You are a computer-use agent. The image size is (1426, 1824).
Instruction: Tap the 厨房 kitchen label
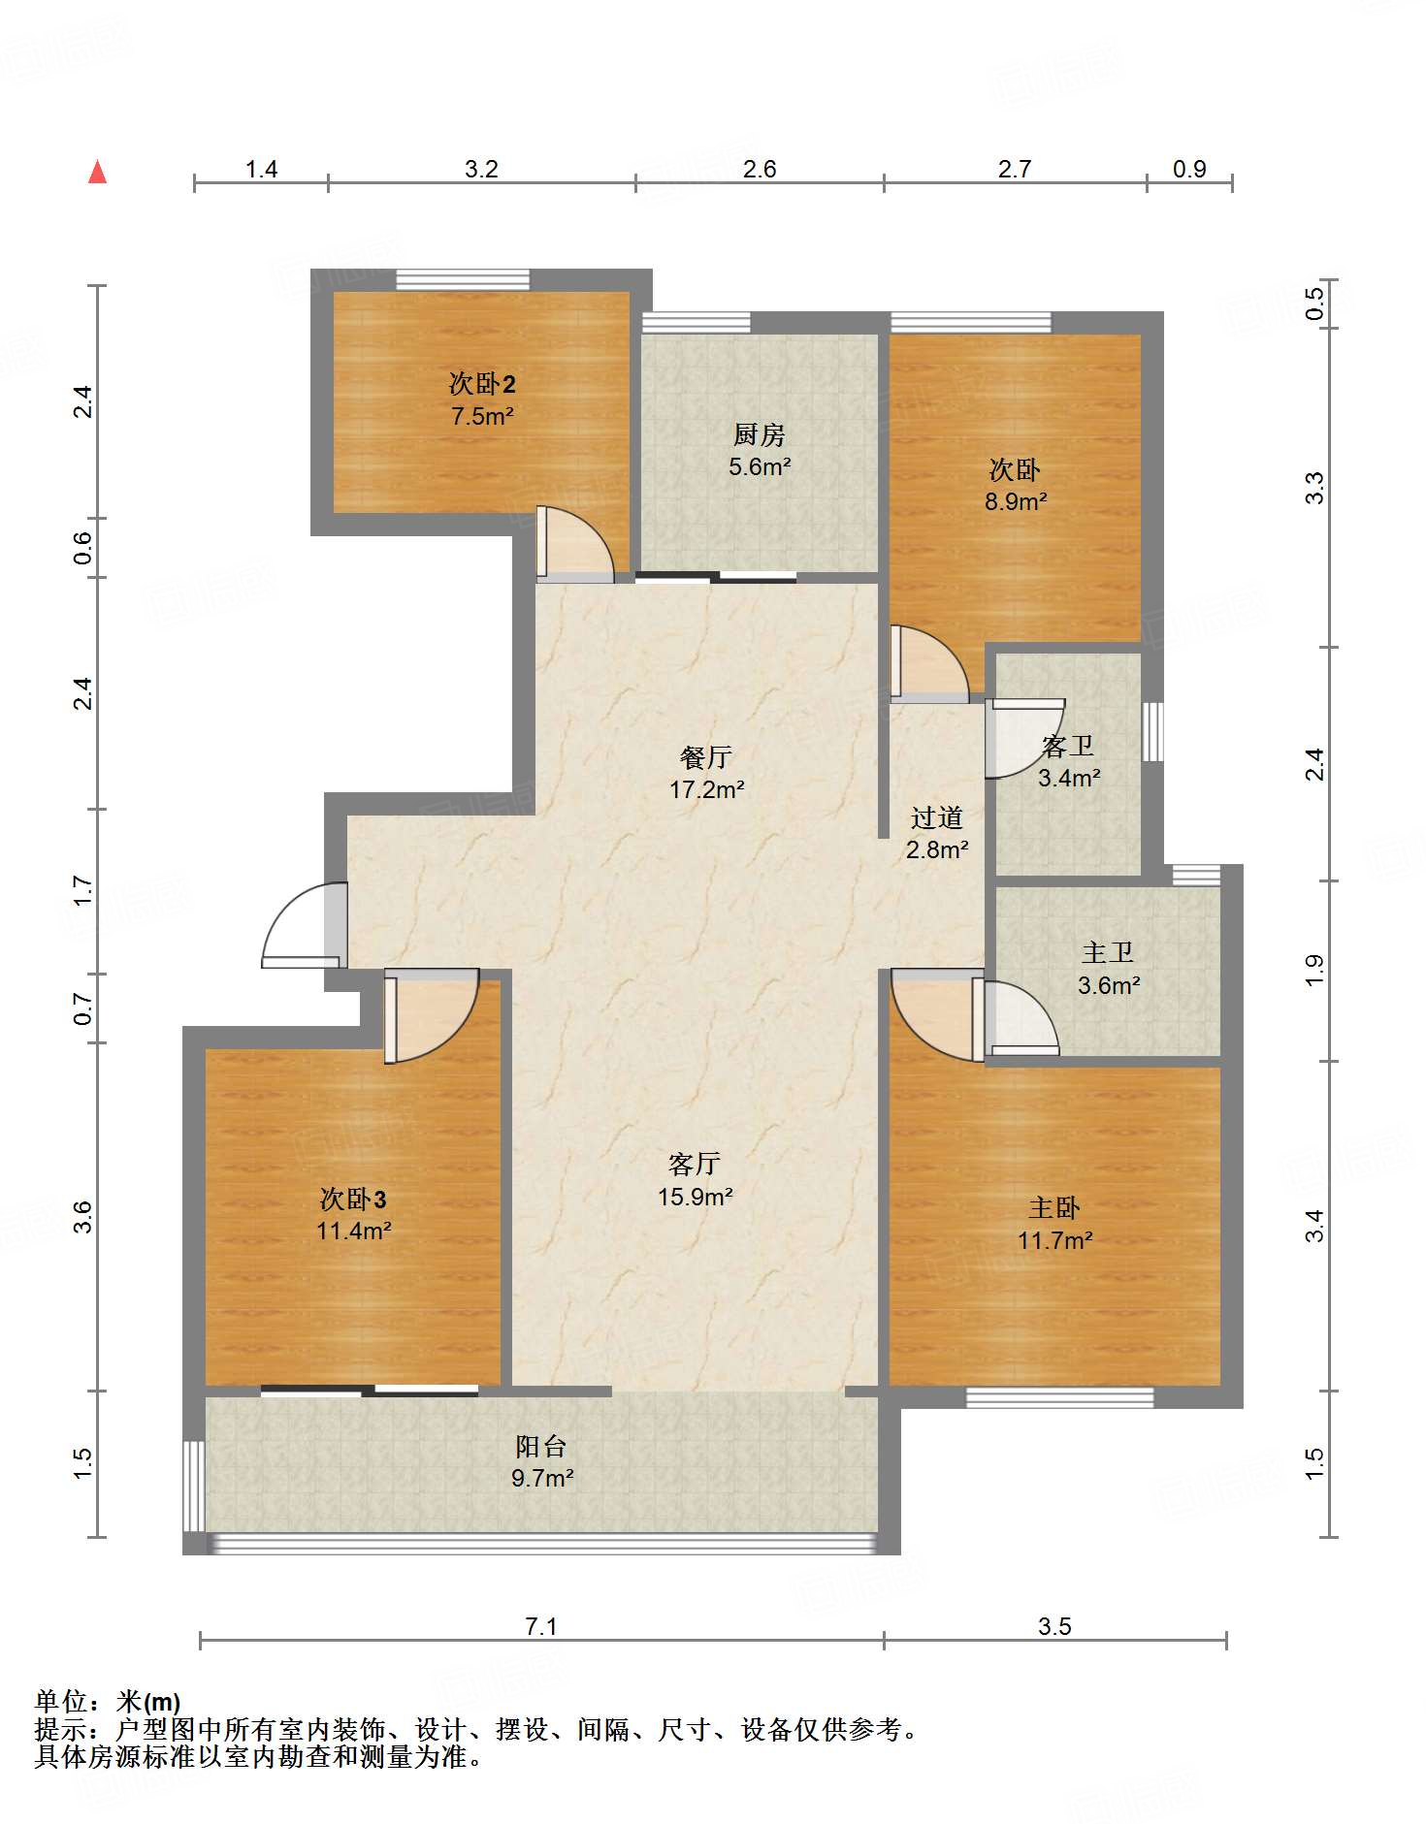point(759,434)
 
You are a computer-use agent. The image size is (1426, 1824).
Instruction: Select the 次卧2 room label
point(482,383)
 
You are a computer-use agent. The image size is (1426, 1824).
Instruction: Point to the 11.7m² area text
point(1054,1240)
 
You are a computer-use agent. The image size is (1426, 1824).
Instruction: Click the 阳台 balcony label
point(541,1446)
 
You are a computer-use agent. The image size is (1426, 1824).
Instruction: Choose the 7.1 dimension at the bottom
point(540,1626)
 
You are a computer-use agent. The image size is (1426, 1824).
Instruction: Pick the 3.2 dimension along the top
point(481,169)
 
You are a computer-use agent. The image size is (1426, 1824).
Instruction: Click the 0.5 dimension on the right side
point(1314,304)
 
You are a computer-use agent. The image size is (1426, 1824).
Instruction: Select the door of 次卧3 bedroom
point(431,1015)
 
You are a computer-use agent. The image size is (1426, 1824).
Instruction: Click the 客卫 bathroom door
point(1024,738)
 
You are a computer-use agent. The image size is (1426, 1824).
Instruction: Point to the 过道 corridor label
point(936,817)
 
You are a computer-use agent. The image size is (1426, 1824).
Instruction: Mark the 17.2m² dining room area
point(706,789)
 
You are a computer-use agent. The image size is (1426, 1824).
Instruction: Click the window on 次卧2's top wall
point(463,279)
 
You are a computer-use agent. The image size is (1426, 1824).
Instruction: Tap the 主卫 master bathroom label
point(1108,952)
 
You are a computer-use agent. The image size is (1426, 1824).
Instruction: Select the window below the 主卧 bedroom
point(1060,1397)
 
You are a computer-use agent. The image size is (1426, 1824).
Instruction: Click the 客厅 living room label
point(695,1164)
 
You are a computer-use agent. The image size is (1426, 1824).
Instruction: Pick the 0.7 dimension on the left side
point(83,1008)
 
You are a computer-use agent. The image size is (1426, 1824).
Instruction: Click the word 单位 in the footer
point(61,1701)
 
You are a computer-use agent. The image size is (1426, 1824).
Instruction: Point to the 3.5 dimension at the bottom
point(1054,1626)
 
